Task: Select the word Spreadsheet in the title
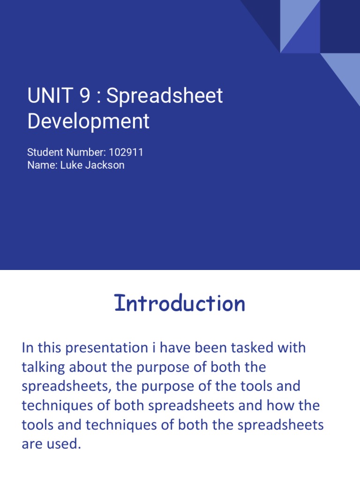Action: point(165,96)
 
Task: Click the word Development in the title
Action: point(88,121)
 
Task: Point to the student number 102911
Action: point(126,152)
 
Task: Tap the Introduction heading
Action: point(180,303)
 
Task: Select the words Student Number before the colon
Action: point(66,152)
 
